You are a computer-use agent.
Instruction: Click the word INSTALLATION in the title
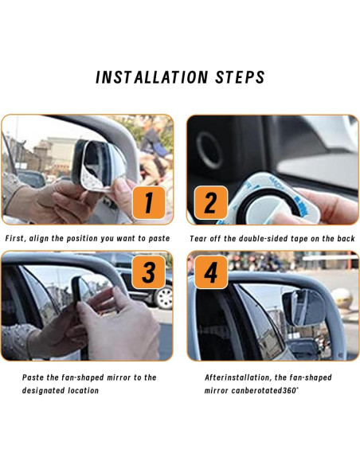[x=152, y=77]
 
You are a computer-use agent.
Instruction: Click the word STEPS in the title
[x=240, y=77]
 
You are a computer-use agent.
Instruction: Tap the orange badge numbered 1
[x=149, y=202]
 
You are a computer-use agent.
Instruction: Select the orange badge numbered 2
[x=211, y=202]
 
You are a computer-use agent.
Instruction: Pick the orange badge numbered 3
[x=149, y=272]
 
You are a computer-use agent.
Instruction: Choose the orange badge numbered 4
[x=211, y=272]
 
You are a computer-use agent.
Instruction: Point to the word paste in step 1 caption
[x=159, y=239]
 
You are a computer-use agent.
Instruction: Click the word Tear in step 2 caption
[x=197, y=239]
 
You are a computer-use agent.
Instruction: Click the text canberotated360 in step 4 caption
[x=264, y=391]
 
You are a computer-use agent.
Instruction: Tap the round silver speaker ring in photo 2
[x=209, y=150]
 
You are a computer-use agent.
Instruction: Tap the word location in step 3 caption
[x=84, y=391]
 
